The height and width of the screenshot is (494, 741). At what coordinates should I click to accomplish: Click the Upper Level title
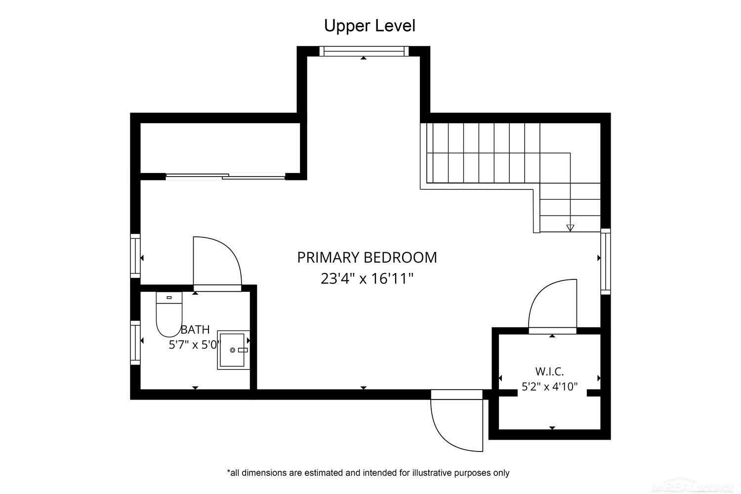[x=370, y=26]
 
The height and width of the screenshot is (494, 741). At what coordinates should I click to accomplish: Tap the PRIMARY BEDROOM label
[x=367, y=258]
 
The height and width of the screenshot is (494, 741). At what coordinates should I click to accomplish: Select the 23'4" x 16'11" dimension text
[x=367, y=279]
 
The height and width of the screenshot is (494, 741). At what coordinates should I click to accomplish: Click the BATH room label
[x=195, y=329]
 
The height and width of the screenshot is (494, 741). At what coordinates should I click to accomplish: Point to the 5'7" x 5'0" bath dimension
[x=195, y=345]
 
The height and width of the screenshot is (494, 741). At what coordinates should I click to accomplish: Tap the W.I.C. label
[x=549, y=371]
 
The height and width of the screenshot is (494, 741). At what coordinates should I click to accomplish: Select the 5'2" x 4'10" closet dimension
[x=549, y=387]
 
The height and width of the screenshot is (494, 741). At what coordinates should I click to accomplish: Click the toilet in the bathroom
[x=169, y=314]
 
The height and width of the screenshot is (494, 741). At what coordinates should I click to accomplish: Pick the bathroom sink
[x=233, y=350]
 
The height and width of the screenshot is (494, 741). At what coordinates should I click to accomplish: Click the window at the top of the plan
[x=364, y=51]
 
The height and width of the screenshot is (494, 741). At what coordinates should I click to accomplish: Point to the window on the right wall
[x=605, y=261]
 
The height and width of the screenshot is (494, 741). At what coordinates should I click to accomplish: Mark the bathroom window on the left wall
[x=135, y=343]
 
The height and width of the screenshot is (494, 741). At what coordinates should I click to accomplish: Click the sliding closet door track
[x=226, y=177]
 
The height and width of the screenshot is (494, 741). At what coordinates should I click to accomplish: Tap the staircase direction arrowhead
[x=570, y=228]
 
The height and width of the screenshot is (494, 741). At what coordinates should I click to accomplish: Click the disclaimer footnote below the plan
[x=368, y=473]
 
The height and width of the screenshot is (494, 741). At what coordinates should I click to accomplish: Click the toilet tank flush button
[x=169, y=298]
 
